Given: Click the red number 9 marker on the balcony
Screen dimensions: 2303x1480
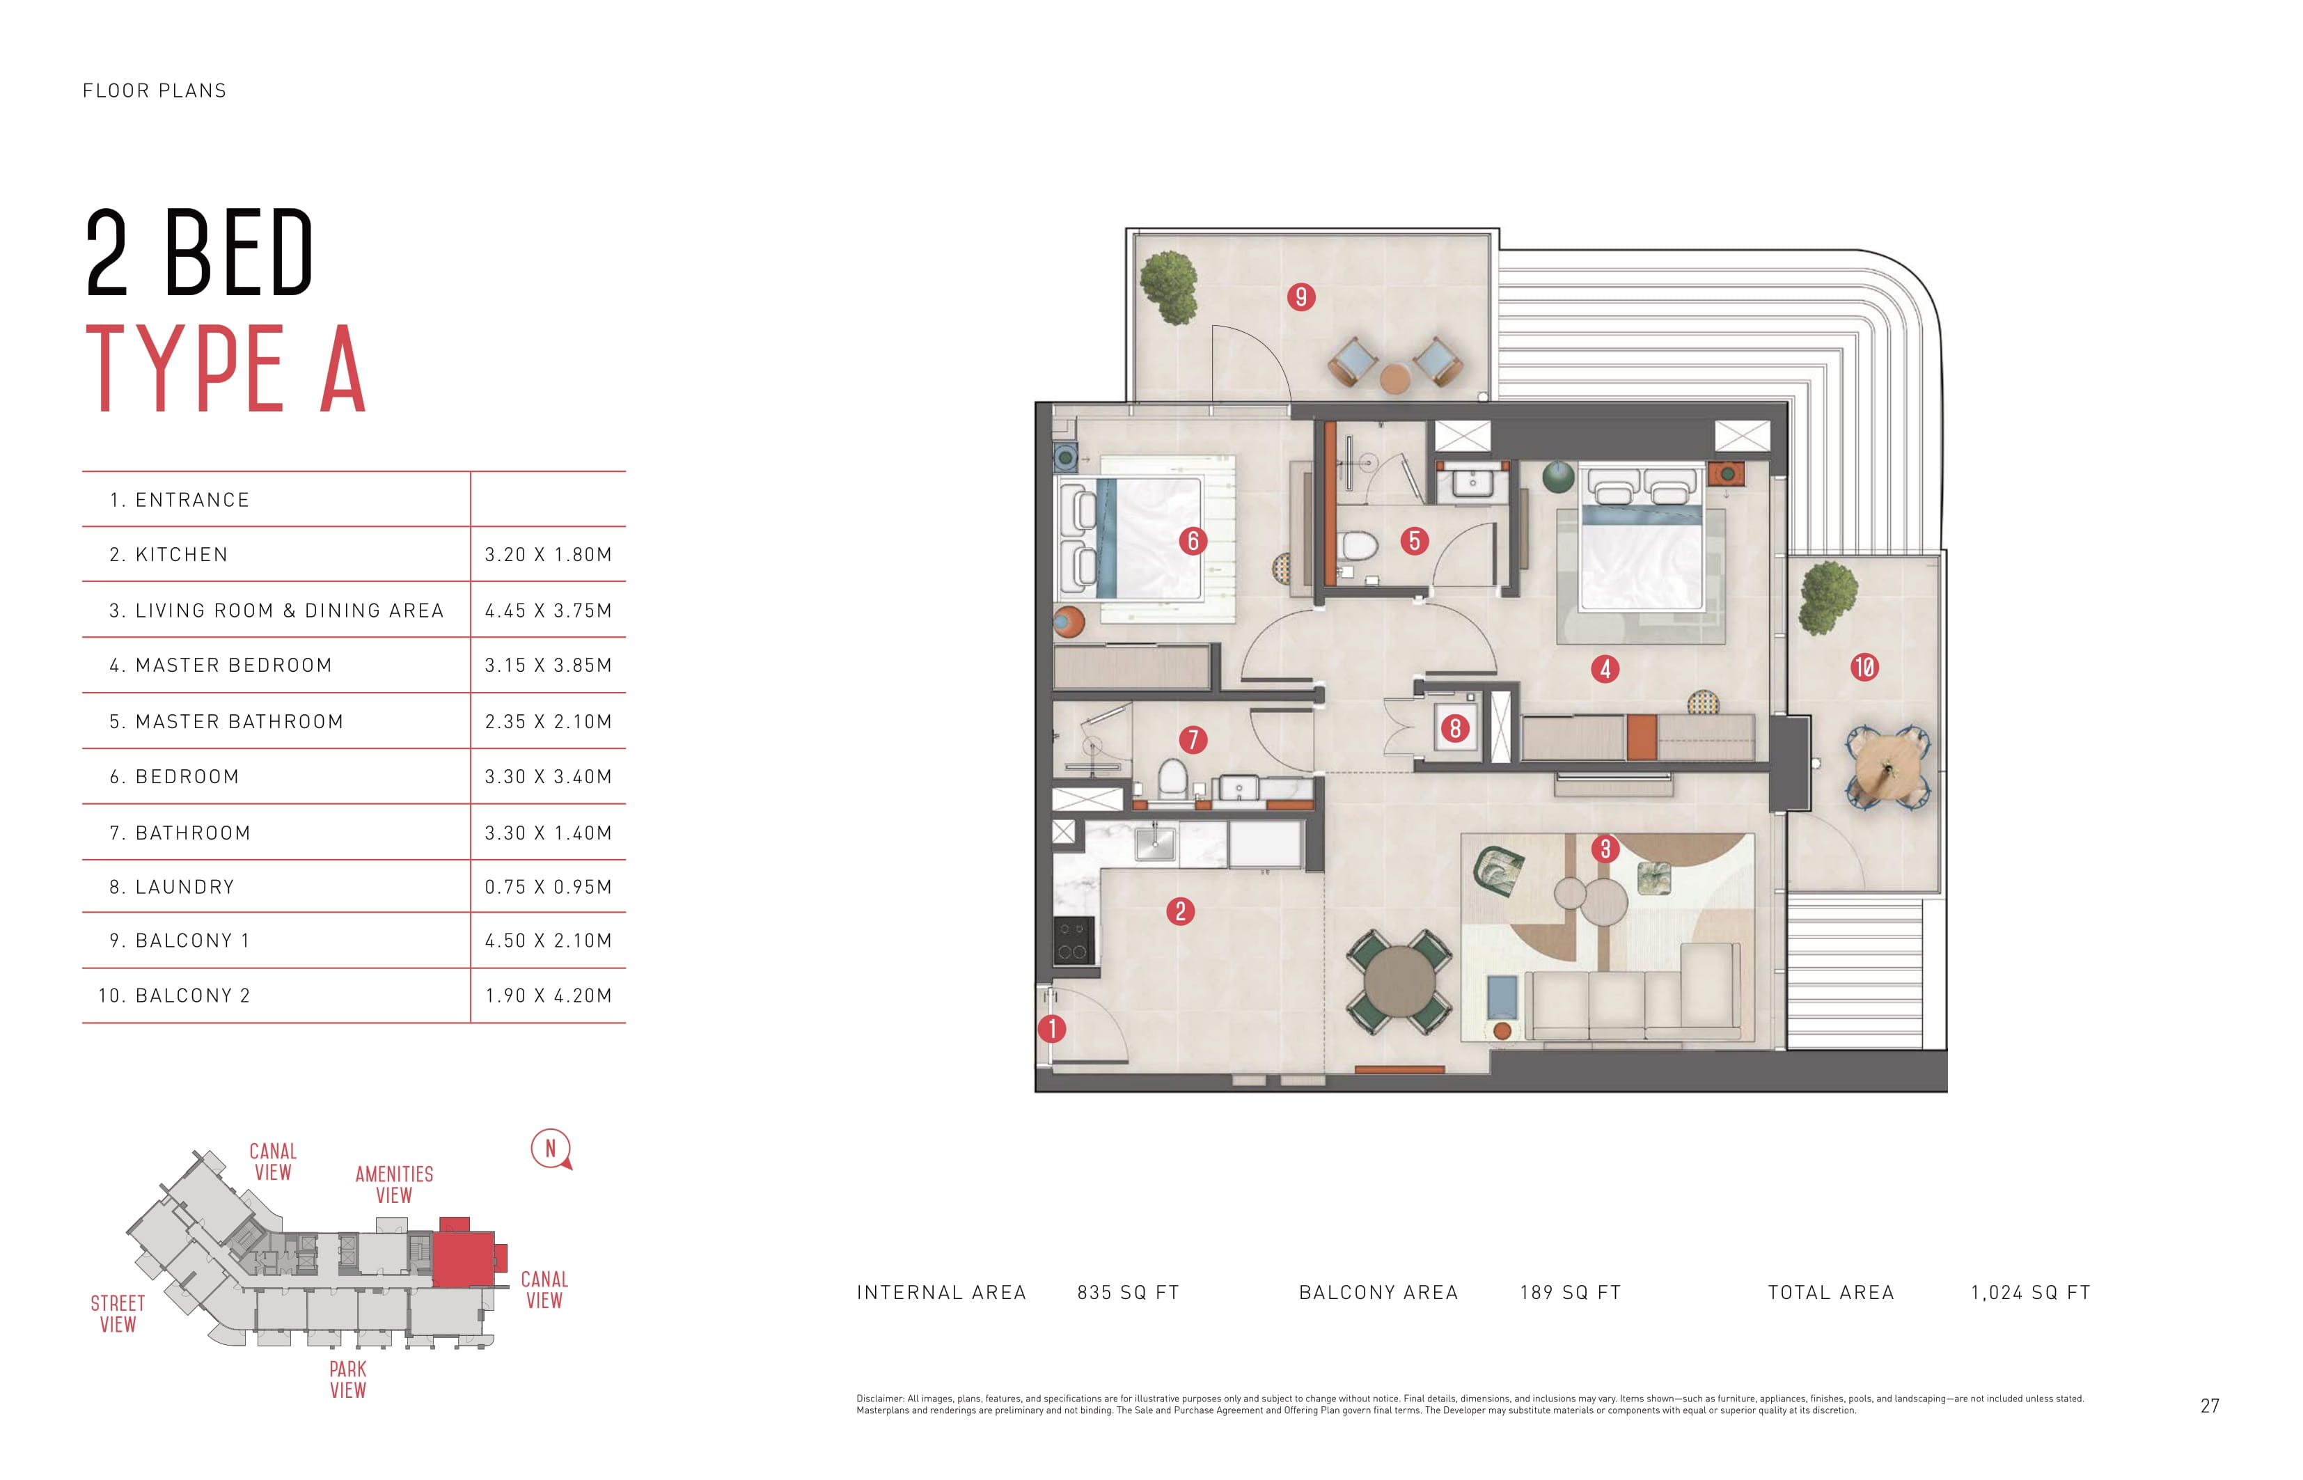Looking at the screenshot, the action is pyautogui.click(x=1300, y=297).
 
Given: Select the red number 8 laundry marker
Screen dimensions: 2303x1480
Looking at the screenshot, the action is pyautogui.click(x=1454, y=728).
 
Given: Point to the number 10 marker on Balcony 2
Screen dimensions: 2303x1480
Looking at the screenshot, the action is pyautogui.click(x=1864, y=667).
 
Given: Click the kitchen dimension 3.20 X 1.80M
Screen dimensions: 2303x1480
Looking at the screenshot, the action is pyautogui.click(x=548, y=555).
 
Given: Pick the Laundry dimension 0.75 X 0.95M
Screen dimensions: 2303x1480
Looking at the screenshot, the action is pyautogui.click(x=548, y=887).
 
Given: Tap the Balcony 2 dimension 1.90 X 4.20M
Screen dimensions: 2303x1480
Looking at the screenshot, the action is pyautogui.click(x=548, y=995).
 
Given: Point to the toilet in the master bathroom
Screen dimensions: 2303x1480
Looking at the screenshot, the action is pyautogui.click(x=1356, y=548).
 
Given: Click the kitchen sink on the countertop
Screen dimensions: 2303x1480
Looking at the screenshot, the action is pyautogui.click(x=1154, y=844).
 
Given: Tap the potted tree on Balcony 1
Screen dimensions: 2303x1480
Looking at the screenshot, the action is pyautogui.click(x=1169, y=286).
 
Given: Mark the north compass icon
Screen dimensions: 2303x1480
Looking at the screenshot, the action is pyautogui.click(x=551, y=1149).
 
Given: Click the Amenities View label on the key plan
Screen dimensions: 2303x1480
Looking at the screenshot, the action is pyautogui.click(x=394, y=1185).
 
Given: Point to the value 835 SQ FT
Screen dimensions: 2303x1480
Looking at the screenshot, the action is pyautogui.click(x=1127, y=1293).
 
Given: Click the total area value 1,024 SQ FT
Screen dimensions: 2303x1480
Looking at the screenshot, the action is pyautogui.click(x=2030, y=1293).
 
